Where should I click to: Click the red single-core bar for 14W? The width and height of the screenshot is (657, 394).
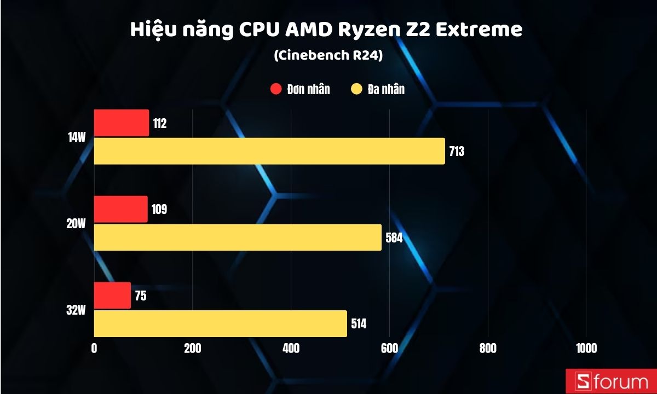[121, 123]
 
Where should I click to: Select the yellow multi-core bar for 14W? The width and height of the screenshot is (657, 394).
[269, 151]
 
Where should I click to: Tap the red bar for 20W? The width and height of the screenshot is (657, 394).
[120, 209]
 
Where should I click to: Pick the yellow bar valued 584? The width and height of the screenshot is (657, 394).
[238, 237]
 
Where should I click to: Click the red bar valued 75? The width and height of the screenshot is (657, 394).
[112, 296]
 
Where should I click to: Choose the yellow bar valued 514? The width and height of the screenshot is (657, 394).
[220, 323]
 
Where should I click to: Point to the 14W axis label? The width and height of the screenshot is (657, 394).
[77, 137]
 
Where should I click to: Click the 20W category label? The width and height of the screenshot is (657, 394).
[77, 223]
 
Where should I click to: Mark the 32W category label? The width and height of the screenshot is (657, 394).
[77, 310]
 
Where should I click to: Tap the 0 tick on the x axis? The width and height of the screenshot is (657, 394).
[94, 349]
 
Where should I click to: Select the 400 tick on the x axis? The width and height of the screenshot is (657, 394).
[291, 349]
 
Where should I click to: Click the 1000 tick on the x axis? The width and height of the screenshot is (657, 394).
[586, 349]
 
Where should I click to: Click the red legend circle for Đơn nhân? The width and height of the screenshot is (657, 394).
[275, 89]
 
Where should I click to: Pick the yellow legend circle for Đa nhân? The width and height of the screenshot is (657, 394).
[358, 89]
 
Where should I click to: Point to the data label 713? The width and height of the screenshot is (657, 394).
[456, 152]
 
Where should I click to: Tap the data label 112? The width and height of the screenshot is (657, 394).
[160, 123]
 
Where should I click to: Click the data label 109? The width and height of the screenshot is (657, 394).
[159, 209]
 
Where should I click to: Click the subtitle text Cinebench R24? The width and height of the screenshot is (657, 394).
[327, 55]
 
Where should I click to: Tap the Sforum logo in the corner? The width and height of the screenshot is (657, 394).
[610, 381]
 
